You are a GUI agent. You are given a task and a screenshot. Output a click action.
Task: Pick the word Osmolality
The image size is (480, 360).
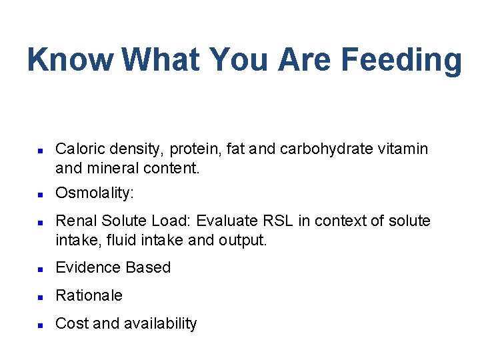(x=93, y=193)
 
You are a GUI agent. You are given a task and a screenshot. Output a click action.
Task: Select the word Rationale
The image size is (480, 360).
(x=89, y=295)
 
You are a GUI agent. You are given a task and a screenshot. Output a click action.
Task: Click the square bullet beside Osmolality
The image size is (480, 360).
(x=40, y=195)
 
